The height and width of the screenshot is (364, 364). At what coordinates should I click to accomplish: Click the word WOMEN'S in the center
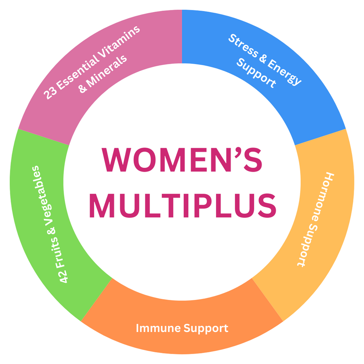tap(182, 160)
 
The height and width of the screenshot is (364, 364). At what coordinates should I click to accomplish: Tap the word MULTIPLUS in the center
tap(182, 206)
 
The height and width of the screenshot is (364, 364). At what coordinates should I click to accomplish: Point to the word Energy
tap(284, 71)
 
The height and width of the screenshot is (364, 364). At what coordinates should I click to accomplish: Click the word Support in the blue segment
tap(256, 73)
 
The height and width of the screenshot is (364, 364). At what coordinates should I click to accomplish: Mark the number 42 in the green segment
tap(64, 275)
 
